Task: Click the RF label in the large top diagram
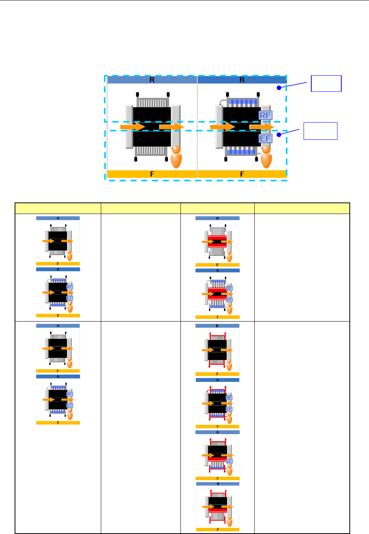click(x=265, y=115)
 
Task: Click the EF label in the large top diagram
click(x=265, y=138)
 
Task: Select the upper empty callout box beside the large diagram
click(x=326, y=83)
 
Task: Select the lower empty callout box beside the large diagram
click(x=320, y=131)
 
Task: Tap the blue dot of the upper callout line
click(x=279, y=88)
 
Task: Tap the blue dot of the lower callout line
click(x=279, y=134)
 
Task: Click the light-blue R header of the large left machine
click(x=152, y=80)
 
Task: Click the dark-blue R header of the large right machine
click(x=242, y=80)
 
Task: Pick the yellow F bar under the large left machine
click(x=152, y=174)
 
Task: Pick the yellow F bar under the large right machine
click(x=242, y=174)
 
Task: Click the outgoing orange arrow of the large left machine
click(x=171, y=126)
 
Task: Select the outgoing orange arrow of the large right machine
click(x=261, y=126)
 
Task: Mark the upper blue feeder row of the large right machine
click(x=242, y=102)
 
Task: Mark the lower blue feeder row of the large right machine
click(x=242, y=152)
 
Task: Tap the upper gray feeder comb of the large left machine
click(x=152, y=103)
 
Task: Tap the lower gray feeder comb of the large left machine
click(x=152, y=151)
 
